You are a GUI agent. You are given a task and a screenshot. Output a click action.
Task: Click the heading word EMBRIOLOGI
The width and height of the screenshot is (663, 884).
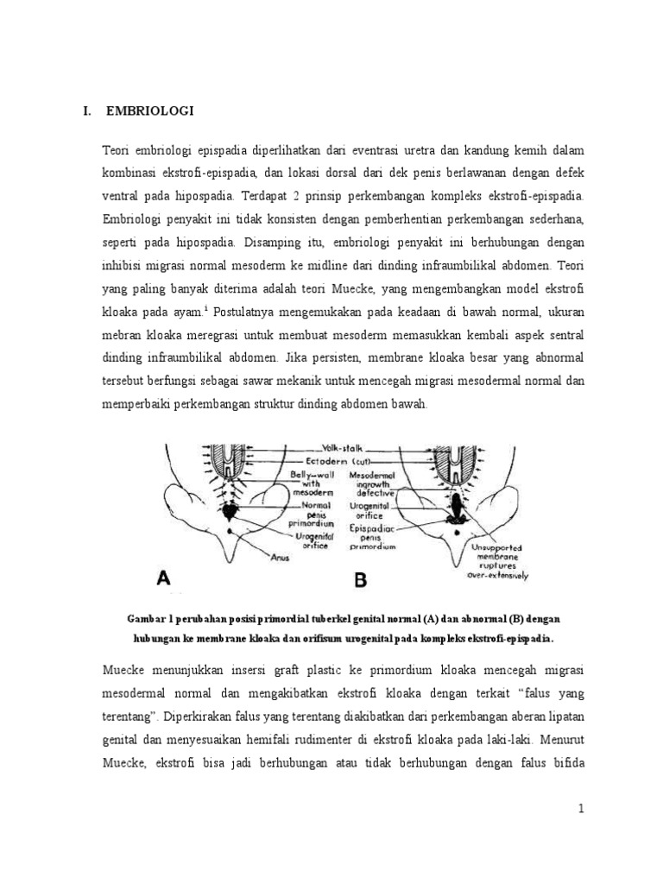pyautogui.click(x=150, y=111)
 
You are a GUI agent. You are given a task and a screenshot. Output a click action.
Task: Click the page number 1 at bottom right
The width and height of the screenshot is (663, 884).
pyautogui.click(x=582, y=808)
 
